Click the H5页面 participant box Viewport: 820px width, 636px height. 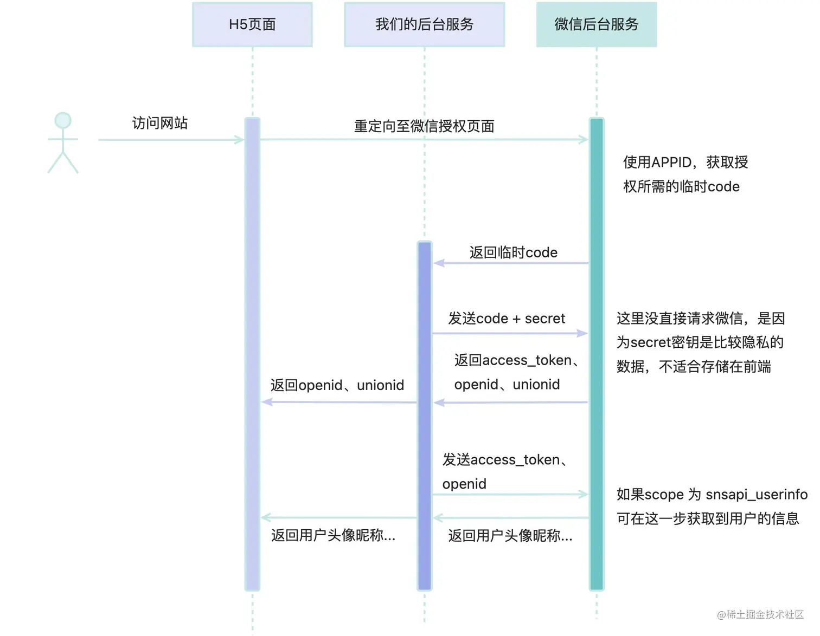252,24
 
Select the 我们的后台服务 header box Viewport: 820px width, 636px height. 424,24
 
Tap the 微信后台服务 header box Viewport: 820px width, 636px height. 596,24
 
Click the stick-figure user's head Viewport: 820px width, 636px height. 63,120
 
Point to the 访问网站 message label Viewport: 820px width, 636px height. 160,124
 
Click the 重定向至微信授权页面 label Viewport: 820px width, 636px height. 424,126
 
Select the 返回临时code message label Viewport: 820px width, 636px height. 513,252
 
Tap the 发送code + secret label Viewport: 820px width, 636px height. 507,319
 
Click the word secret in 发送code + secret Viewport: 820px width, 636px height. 544,319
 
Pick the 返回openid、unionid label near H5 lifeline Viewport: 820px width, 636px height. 337,385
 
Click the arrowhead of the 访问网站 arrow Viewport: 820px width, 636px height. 239,140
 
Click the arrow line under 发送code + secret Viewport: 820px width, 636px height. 510,333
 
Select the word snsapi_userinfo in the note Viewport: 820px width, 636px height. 757,495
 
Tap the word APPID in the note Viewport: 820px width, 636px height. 671,163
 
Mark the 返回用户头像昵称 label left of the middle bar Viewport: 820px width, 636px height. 333,536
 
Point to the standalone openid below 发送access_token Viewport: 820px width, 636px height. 464,484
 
